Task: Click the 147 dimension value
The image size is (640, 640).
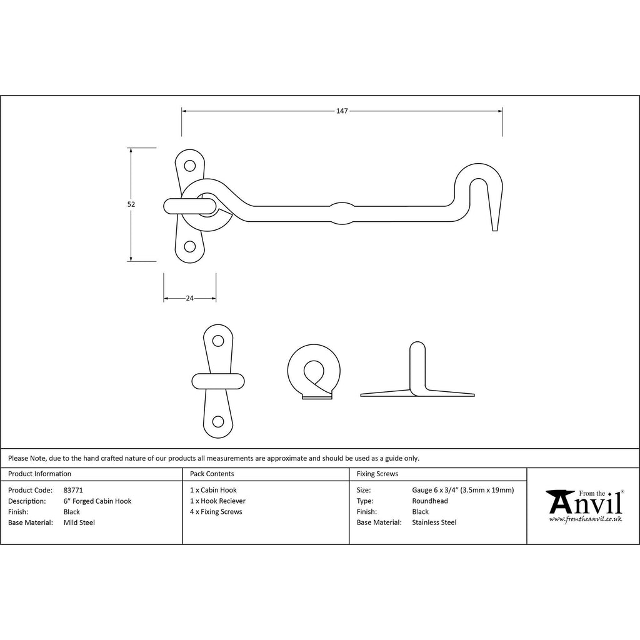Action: [342, 111]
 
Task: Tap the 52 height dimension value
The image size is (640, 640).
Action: [131, 204]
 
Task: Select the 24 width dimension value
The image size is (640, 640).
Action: [190, 298]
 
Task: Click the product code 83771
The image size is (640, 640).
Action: [73, 490]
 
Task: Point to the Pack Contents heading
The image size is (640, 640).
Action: [212, 474]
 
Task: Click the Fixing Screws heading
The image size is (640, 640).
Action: [377, 474]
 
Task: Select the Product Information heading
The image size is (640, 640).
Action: [39, 474]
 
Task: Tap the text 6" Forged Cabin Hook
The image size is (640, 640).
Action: [97, 501]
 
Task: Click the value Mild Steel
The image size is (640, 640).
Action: [79, 522]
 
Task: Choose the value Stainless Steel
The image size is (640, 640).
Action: [434, 522]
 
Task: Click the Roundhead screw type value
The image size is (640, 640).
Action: [430, 501]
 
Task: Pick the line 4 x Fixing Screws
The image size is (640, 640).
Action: [216, 512]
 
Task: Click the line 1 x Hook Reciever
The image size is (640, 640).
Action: [217, 501]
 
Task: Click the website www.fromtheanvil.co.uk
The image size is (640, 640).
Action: [585, 519]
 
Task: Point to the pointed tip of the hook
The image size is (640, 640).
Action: [495, 231]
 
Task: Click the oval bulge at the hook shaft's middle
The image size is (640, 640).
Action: [342, 213]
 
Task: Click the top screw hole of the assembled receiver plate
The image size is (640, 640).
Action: [189, 166]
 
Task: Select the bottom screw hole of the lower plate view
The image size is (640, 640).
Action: [218, 422]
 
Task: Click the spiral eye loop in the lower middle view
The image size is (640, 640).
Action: [314, 371]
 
